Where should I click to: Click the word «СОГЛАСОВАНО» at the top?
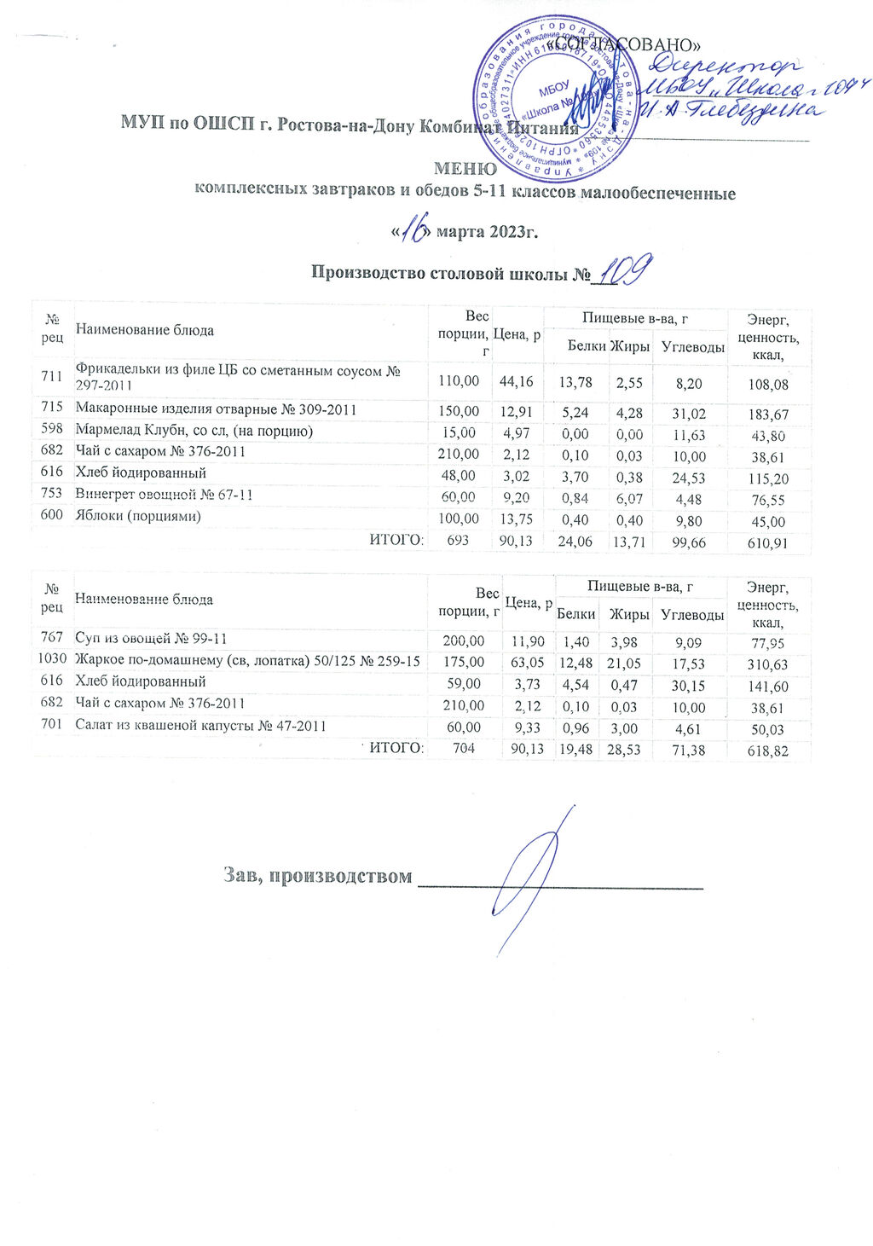[x=627, y=43]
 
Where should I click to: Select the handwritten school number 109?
[x=625, y=271]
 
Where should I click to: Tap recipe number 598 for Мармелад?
[x=52, y=432]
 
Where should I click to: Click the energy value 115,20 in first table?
[x=767, y=479]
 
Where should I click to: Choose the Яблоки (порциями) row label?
[x=138, y=516]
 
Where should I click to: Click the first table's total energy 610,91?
[x=767, y=542]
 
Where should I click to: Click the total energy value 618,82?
[x=767, y=751]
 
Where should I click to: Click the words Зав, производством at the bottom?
[x=317, y=876]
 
